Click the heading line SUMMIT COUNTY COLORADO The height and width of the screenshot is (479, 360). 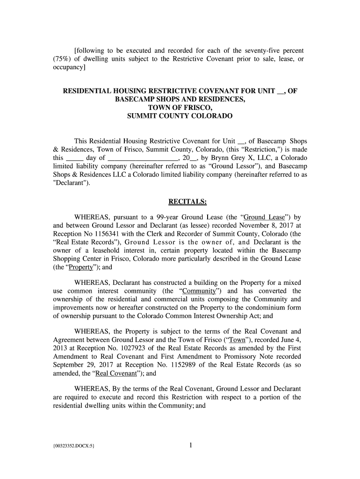pyautogui.click(x=180, y=116)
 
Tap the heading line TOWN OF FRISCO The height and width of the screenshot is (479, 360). pyautogui.click(x=180, y=108)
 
